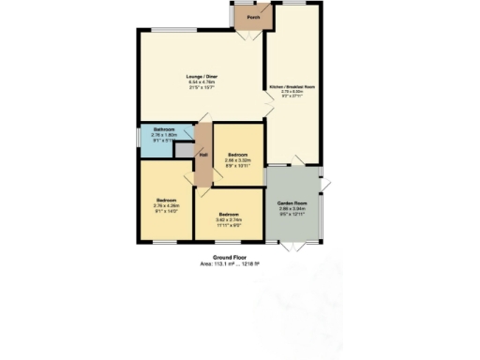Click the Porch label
point(252,18)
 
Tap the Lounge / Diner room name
point(202,77)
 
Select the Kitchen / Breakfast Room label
point(292,85)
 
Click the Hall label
point(202,155)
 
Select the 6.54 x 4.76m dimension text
point(202,82)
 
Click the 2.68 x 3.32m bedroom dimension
point(235,160)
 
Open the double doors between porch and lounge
point(249,34)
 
